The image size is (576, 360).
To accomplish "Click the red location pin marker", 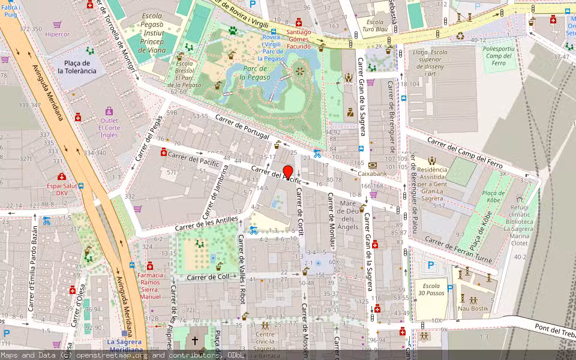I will [287, 172].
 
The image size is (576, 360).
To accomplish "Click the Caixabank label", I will [372, 173].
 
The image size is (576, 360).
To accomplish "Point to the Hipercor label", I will [58, 34].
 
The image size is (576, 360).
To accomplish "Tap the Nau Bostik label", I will [473, 308].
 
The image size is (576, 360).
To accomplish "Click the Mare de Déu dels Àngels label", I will [349, 215].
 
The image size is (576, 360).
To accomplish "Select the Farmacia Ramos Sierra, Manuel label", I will [149, 286].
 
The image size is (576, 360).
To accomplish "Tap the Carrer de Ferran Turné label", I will [458, 250].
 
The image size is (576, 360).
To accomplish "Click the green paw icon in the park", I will [233, 30].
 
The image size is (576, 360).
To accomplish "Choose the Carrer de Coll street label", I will [208, 277].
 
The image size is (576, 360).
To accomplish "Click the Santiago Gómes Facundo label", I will [298, 39].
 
